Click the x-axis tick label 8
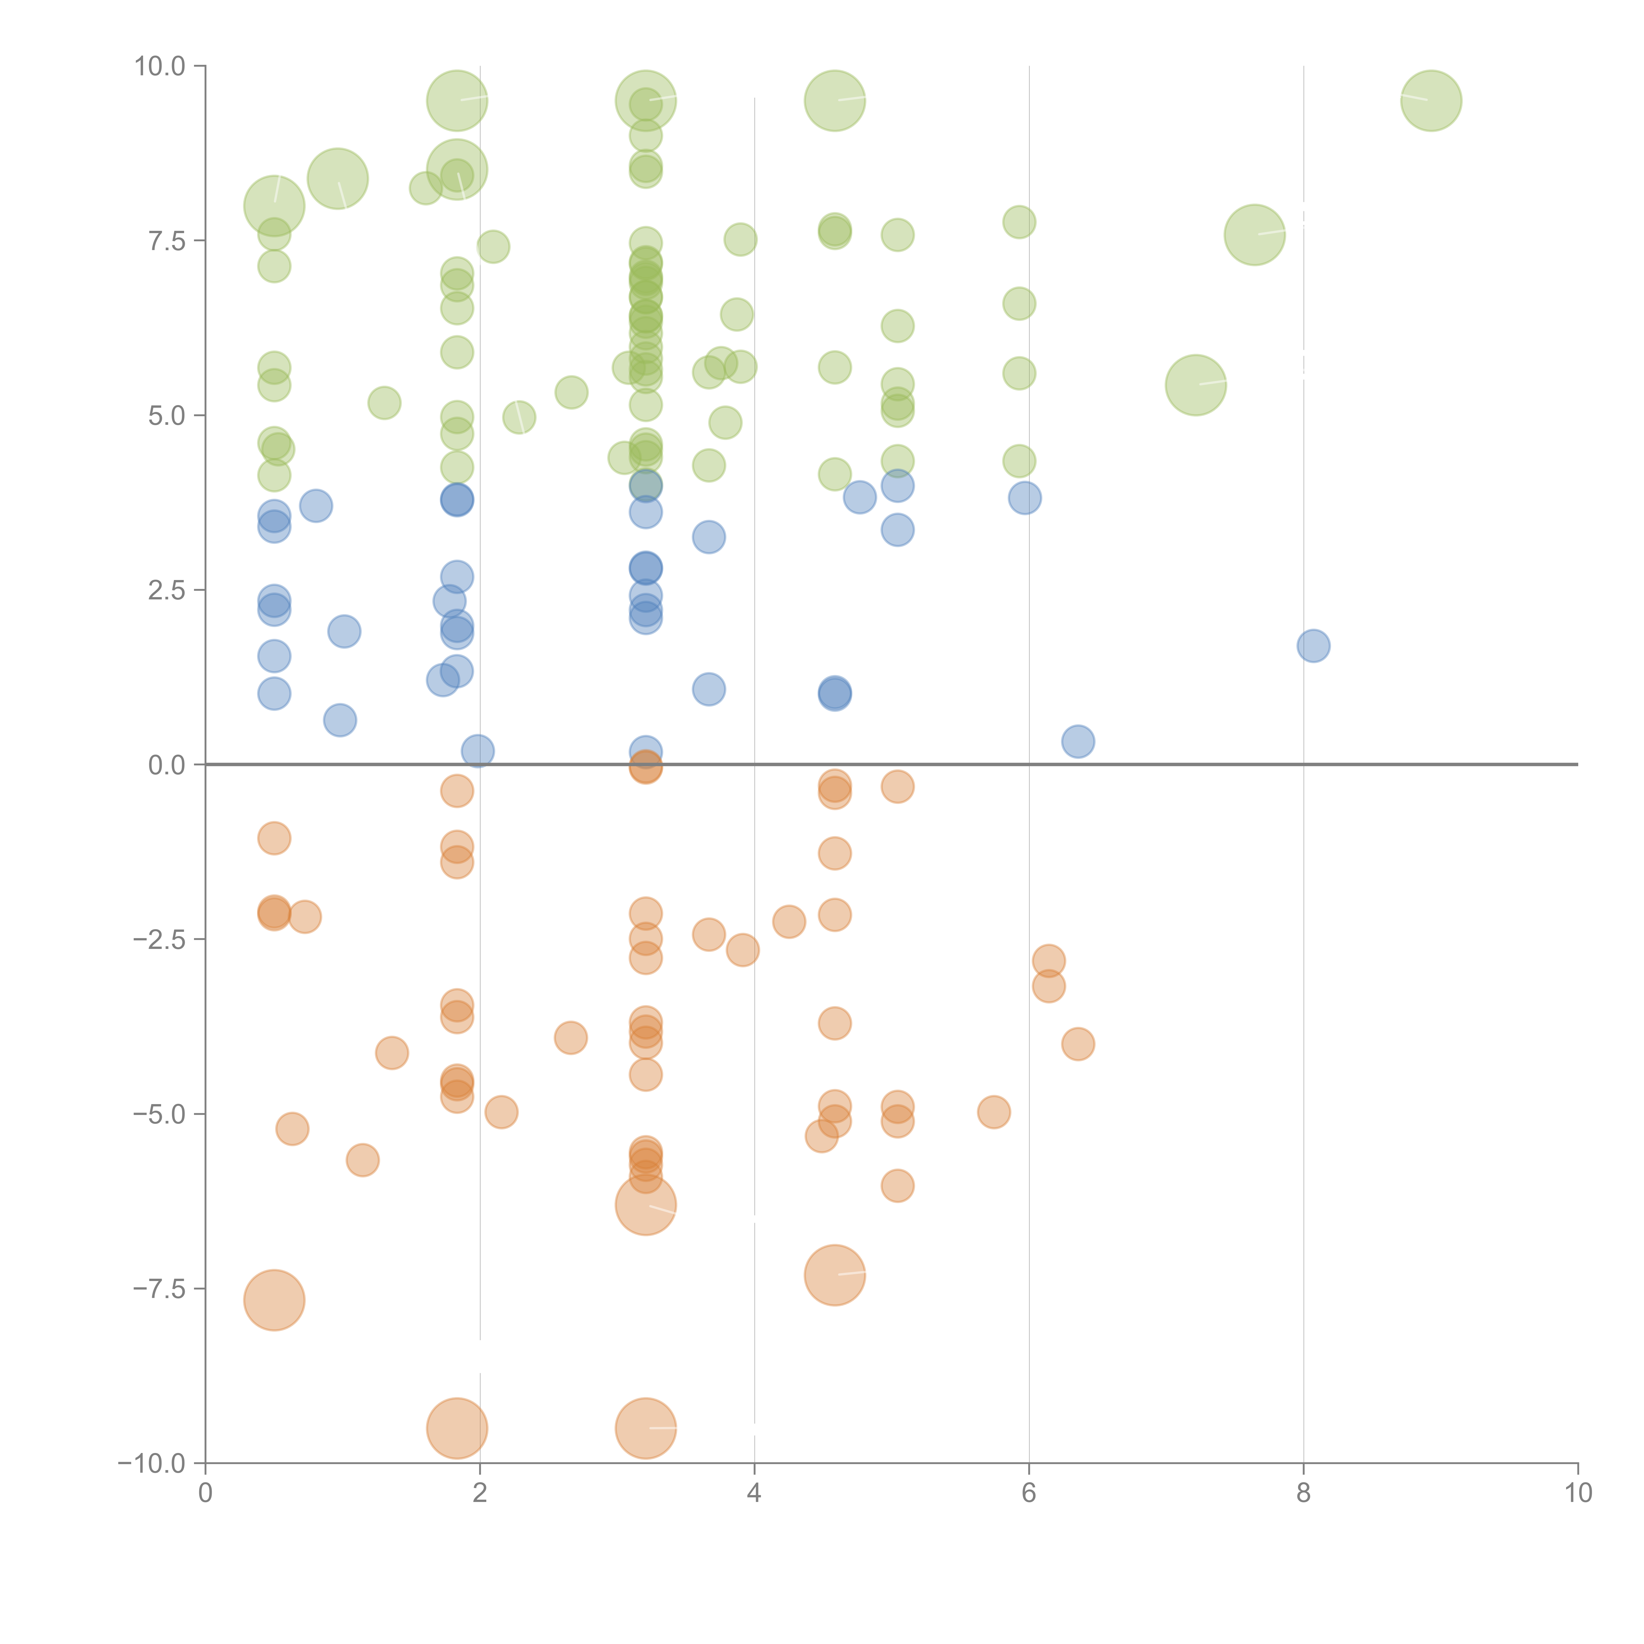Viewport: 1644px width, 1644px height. click(x=1304, y=1493)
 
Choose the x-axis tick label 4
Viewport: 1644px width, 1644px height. click(x=754, y=1493)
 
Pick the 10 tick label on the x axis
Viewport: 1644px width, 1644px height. click(x=1578, y=1493)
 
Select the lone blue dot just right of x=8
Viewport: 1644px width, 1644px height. click(x=1313, y=646)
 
